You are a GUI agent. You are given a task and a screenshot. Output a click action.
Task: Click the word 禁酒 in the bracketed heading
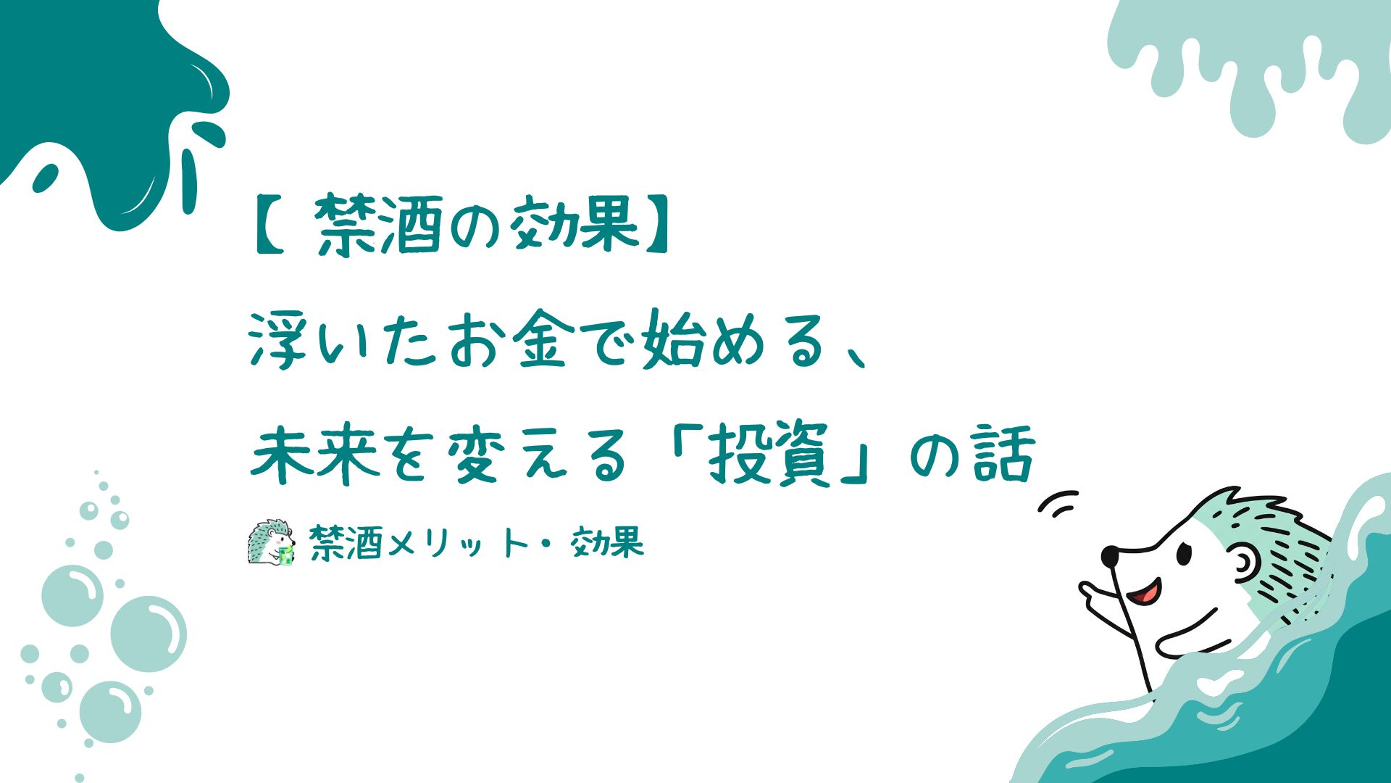pos(378,225)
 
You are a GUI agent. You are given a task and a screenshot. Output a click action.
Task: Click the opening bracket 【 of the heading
pos(270,225)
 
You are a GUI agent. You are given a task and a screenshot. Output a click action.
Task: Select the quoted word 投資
pos(769,455)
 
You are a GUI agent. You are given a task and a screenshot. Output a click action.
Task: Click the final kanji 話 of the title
pos(1004,455)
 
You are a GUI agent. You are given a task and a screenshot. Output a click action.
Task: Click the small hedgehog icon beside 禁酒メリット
pos(272,542)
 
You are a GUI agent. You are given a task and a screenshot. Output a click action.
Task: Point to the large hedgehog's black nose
pos(1109,556)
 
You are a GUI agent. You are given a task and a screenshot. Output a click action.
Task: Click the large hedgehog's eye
pos(1183,555)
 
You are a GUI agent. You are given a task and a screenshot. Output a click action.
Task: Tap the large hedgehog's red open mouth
pos(1146,592)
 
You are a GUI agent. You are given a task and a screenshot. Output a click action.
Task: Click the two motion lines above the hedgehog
pos(1058,504)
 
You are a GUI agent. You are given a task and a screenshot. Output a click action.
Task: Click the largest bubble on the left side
pos(149,634)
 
